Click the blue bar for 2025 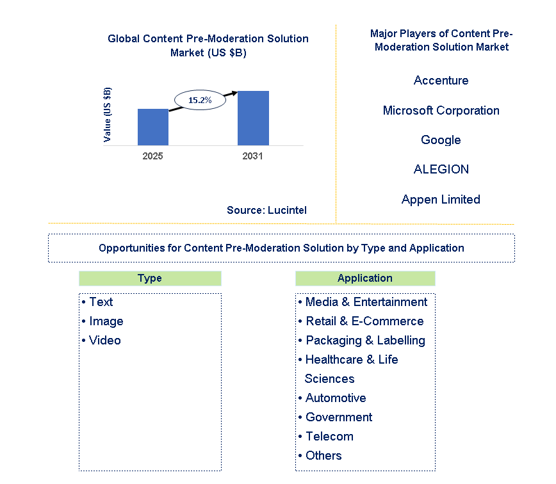pyautogui.click(x=153, y=127)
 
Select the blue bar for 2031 pyautogui.click(x=253, y=118)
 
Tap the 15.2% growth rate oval pyautogui.click(x=200, y=100)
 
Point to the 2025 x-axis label pyautogui.click(x=152, y=156)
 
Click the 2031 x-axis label pyautogui.click(x=252, y=156)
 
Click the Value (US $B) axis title pyautogui.click(x=107, y=115)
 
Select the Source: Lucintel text pyautogui.click(x=266, y=210)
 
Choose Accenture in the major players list pyautogui.click(x=441, y=81)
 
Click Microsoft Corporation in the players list pyautogui.click(x=441, y=111)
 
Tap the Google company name pyautogui.click(x=441, y=140)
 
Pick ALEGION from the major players pyautogui.click(x=441, y=170)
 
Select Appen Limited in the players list pyautogui.click(x=441, y=200)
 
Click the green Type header pyautogui.click(x=150, y=278)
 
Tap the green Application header pyautogui.click(x=365, y=278)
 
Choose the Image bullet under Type pyautogui.click(x=103, y=321)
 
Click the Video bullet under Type pyautogui.click(x=101, y=340)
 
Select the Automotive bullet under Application pyautogui.click(x=332, y=398)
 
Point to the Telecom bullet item pyautogui.click(x=326, y=436)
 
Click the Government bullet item pyautogui.click(x=336, y=417)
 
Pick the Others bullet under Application pyautogui.click(x=320, y=455)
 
